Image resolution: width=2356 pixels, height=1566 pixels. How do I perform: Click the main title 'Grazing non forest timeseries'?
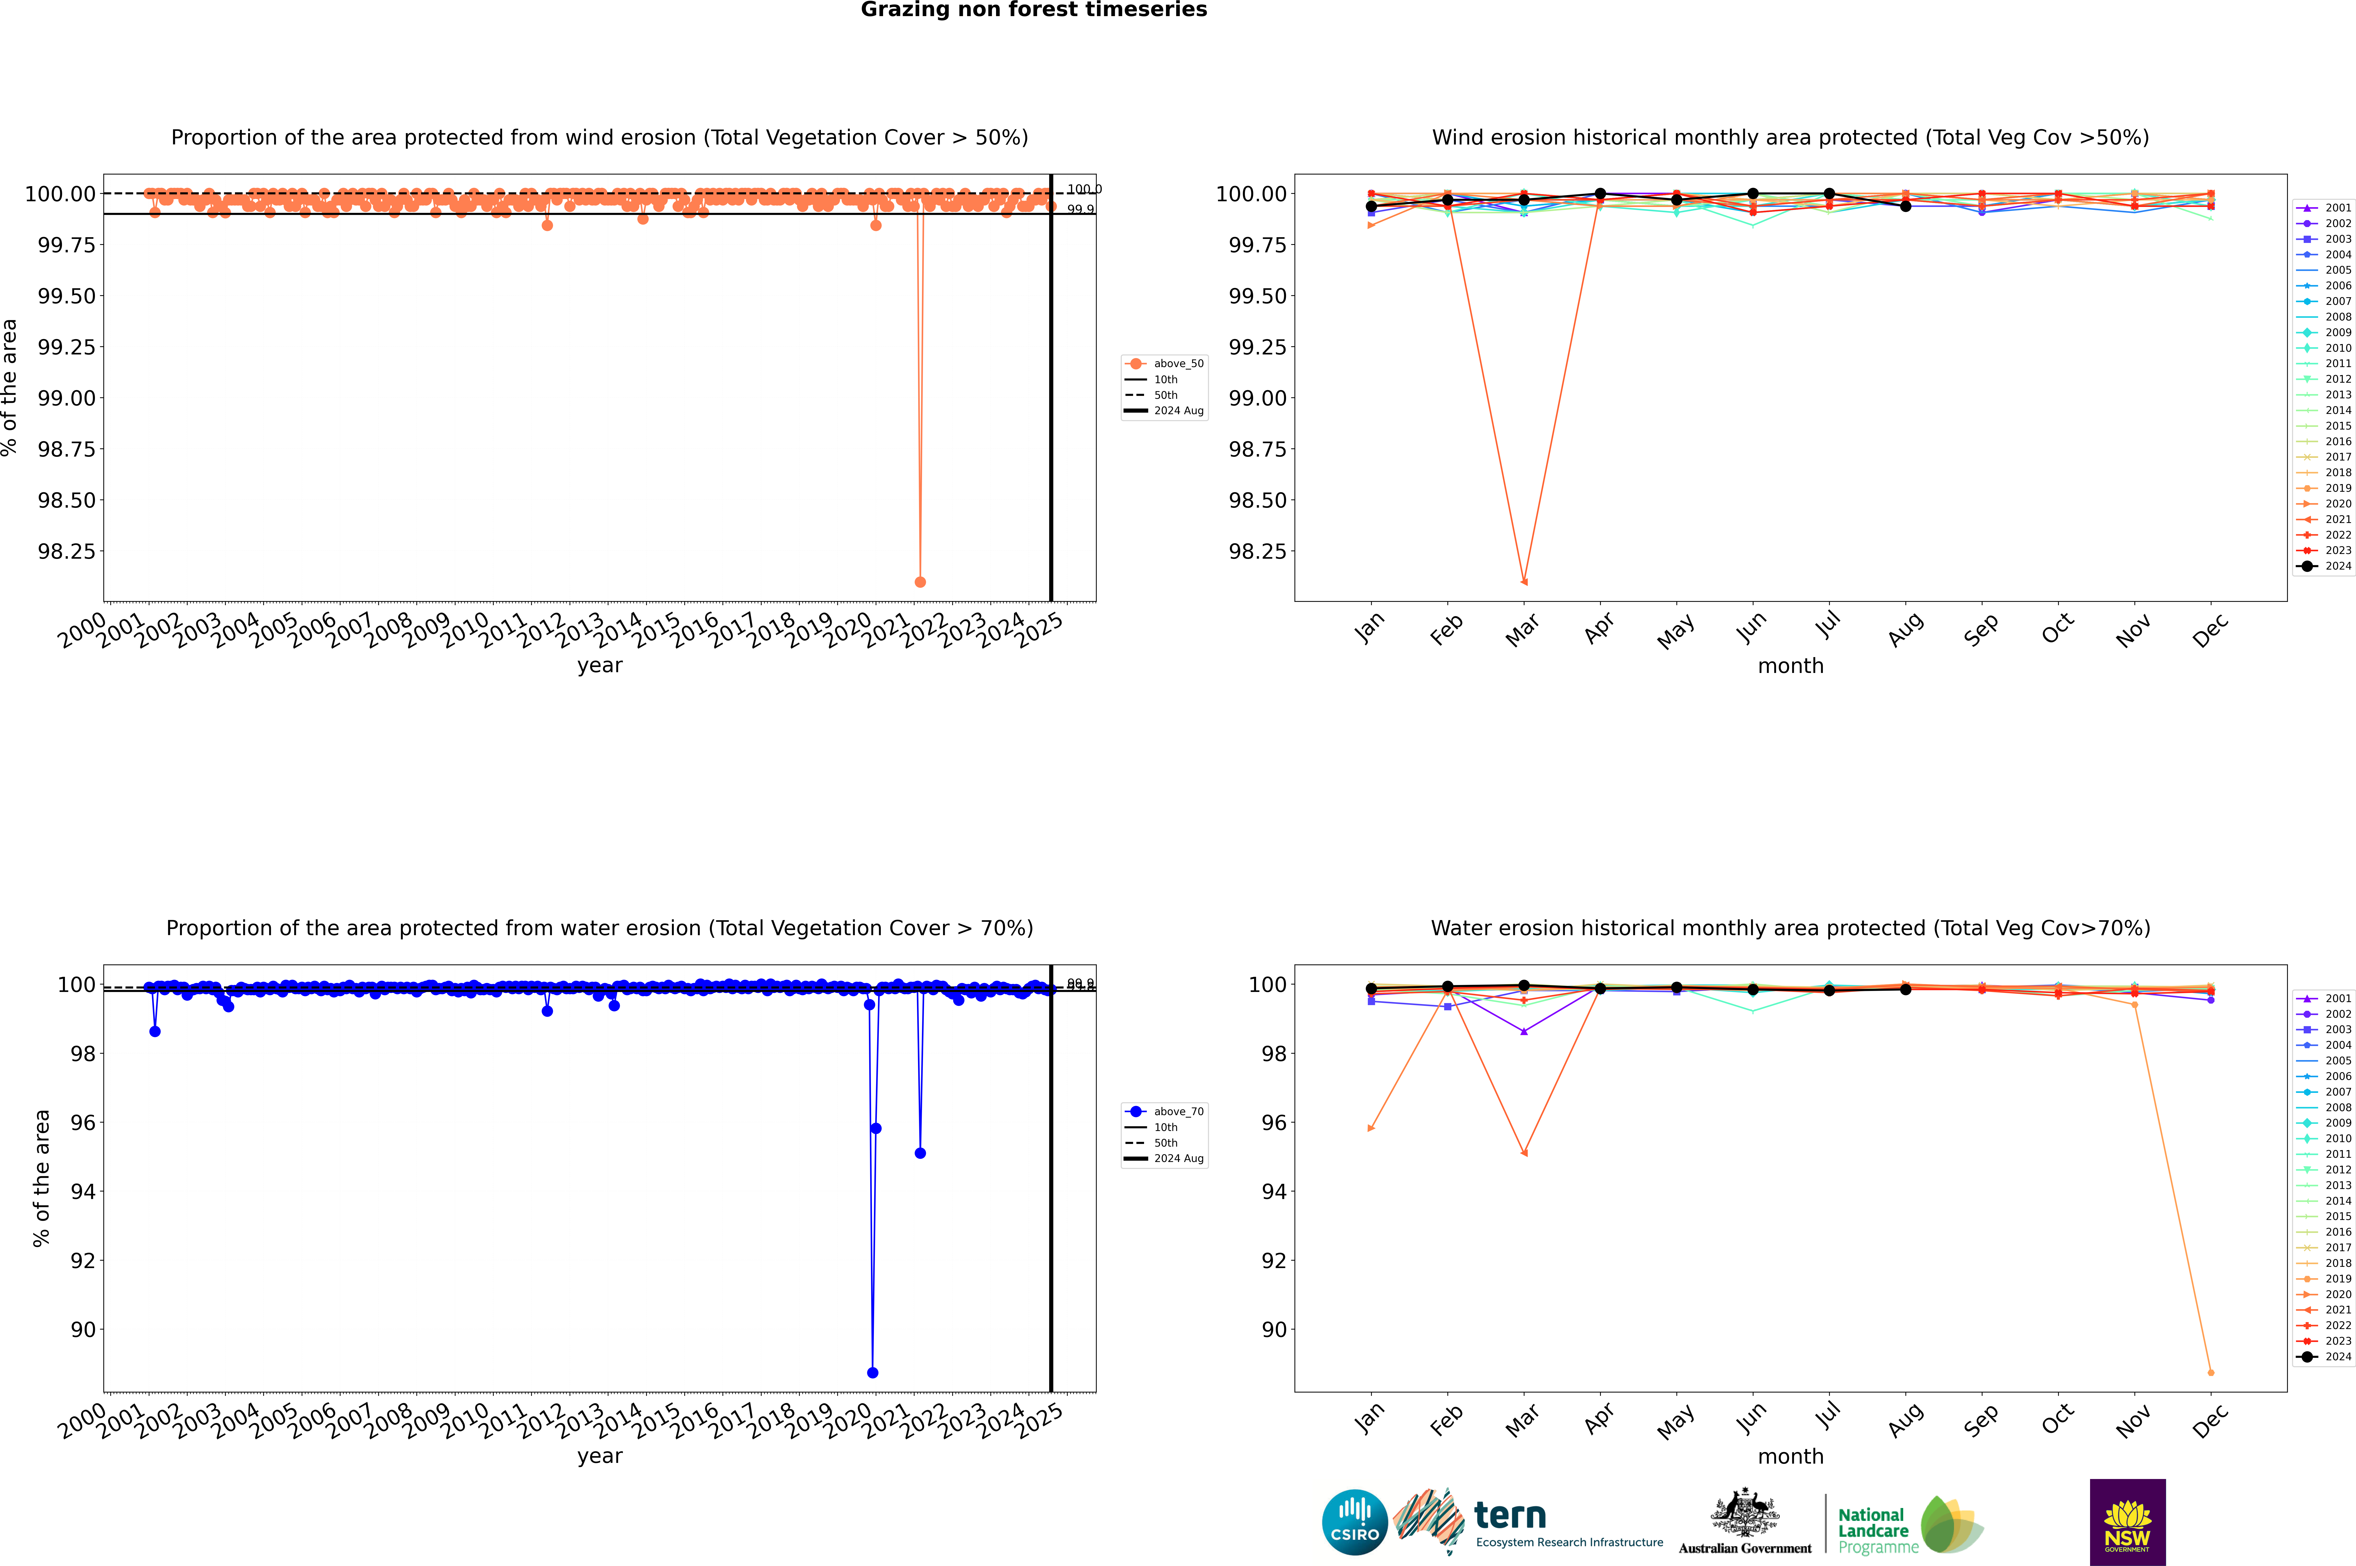(x=1034, y=10)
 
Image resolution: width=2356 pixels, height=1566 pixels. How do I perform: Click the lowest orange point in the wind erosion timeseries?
(x=920, y=581)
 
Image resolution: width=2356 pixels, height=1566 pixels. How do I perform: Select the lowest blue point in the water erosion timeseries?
(x=873, y=1372)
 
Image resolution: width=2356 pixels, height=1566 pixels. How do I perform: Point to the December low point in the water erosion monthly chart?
(x=2210, y=1372)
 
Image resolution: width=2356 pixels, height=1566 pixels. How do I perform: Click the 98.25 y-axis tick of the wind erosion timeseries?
(x=67, y=551)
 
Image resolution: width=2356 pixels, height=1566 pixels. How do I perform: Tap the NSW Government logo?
(x=2127, y=1522)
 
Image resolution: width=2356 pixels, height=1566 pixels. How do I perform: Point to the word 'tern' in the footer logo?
(x=1509, y=1516)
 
